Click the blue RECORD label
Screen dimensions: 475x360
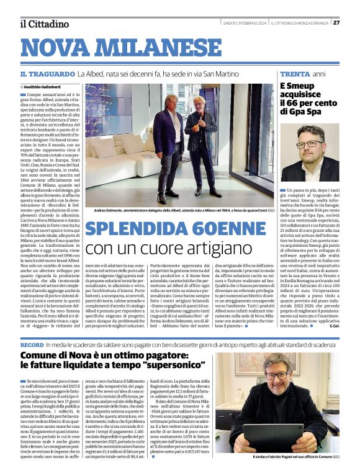click(32, 344)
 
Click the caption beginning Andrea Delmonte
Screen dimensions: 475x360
click(178, 211)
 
